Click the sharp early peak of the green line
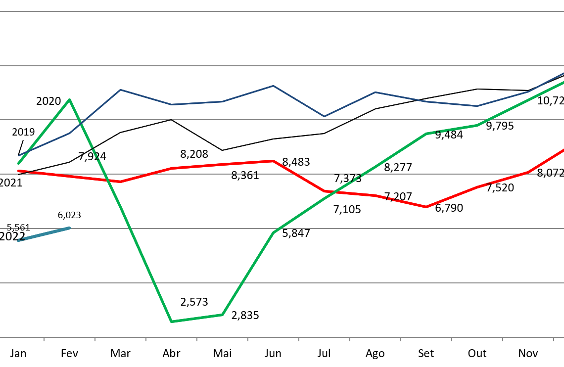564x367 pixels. (70, 99)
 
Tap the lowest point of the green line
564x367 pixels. (171, 321)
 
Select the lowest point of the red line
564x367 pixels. (426, 207)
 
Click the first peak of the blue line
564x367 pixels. (120, 90)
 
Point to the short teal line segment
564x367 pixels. (44, 234)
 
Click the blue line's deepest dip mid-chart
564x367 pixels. (324, 117)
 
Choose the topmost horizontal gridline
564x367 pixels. (282, 11)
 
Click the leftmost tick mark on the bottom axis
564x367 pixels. (44, 339)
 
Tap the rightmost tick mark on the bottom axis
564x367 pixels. (554, 339)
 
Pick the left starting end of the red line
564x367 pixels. (18, 171)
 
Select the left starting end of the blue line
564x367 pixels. (19, 156)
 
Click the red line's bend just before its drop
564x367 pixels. (274, 161)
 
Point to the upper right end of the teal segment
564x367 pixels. (69, 228)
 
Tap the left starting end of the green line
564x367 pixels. (18, 163)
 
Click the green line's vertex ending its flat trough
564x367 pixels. (222, 315)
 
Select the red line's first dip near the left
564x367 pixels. (120, 182)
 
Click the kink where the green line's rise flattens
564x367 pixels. (426, 134)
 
